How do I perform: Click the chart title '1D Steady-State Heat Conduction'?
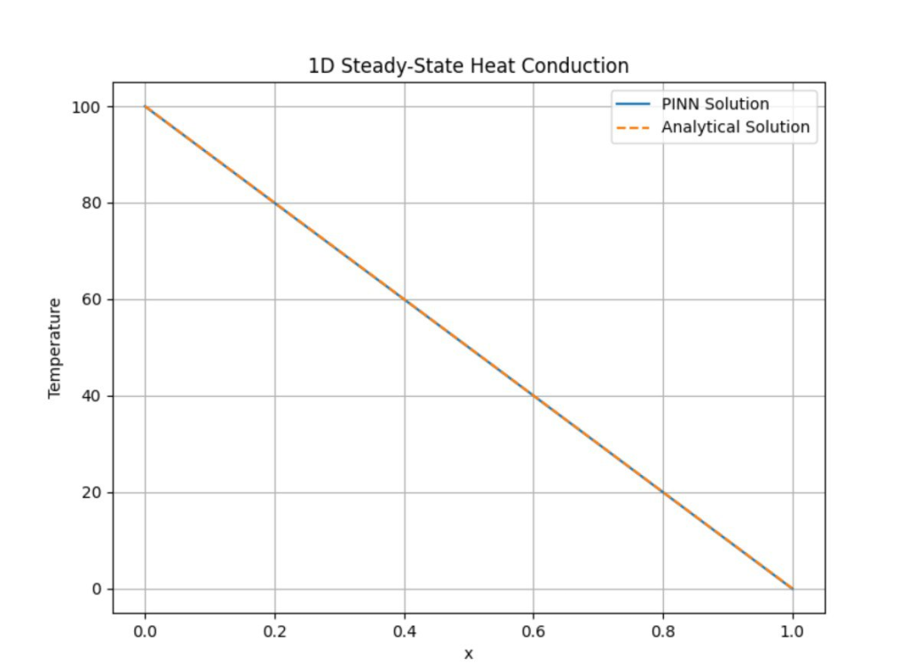[468, 66]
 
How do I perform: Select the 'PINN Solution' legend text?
[715, 104]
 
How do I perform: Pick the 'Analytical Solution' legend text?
[735, 127]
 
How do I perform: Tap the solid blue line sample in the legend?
[633, 104]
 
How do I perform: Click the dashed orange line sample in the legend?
[633, 127]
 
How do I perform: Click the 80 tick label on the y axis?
[91, 203]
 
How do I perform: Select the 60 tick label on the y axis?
[91, 299]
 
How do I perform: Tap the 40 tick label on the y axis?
[91, 396]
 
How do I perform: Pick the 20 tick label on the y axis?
[91, 493]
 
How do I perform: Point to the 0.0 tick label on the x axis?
[145, 631]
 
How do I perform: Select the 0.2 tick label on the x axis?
[274, 631]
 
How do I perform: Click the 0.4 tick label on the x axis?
[405, 631]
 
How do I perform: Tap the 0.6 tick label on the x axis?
[534, 631]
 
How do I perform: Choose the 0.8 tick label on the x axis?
[663, 631]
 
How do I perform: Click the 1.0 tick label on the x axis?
[793, 631]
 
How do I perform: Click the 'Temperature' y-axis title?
[55, 348]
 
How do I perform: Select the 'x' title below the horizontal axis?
[469, 654]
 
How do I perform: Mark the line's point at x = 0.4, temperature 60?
[405, 299]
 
